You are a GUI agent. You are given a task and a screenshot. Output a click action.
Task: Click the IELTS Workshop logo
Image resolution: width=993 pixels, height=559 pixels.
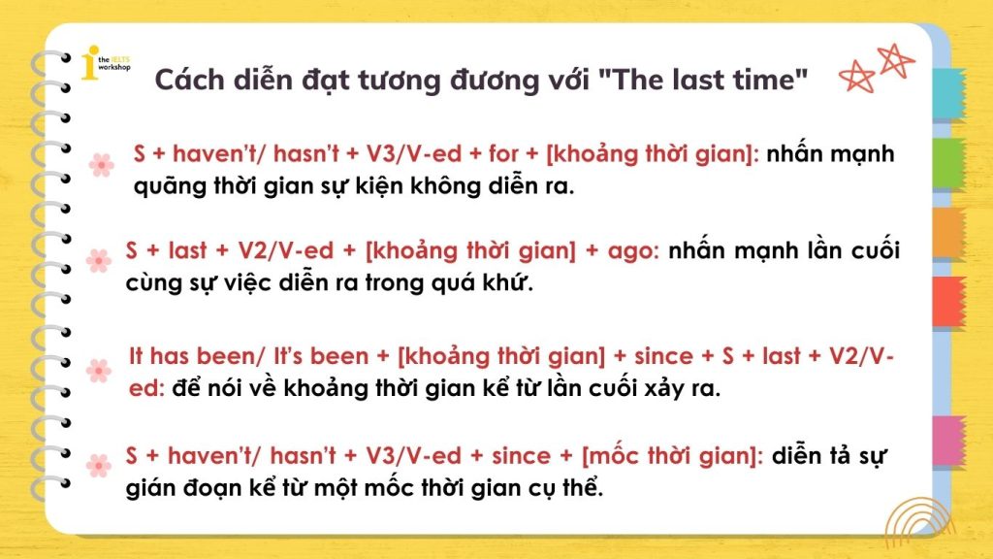105,63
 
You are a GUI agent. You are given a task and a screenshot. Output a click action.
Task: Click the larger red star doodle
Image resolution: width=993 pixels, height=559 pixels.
895,60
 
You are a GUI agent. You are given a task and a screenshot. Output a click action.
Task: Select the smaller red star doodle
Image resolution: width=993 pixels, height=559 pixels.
856,78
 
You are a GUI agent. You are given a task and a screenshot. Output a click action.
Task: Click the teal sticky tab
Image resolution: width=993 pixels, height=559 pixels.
948,94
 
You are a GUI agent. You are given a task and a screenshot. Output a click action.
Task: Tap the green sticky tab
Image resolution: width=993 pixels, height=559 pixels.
948,163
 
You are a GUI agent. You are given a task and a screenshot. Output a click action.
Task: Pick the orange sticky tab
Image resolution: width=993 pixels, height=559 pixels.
948,233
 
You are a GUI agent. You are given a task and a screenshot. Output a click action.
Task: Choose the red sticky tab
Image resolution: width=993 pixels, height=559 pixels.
948,302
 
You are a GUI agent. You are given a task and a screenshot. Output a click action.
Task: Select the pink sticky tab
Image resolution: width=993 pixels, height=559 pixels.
948,442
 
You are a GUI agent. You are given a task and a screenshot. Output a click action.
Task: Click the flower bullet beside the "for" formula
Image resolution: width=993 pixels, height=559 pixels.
101,165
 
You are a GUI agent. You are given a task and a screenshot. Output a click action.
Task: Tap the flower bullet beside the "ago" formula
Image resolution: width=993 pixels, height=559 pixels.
98,261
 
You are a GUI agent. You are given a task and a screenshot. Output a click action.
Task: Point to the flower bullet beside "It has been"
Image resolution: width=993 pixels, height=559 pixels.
98,371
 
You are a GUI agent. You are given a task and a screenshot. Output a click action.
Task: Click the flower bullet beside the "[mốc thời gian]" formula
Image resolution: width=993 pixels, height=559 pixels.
98,466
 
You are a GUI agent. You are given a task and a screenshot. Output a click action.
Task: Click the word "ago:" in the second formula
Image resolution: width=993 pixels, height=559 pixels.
633,251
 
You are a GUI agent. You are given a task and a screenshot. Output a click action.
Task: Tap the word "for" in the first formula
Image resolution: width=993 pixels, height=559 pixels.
503,154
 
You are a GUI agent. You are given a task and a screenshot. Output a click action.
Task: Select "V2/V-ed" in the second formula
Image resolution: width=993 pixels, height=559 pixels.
286,251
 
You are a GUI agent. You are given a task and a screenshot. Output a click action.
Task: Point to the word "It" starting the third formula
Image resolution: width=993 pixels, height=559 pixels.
136,356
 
